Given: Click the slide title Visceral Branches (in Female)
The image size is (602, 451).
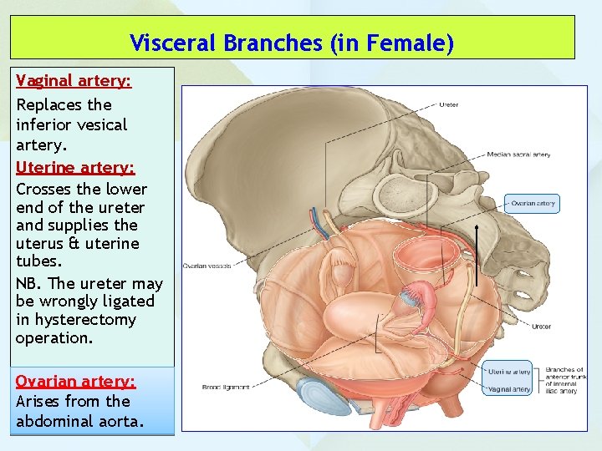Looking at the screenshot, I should click(x=292, y=43).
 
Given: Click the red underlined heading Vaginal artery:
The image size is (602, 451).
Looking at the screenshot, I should click(x=74, y=83).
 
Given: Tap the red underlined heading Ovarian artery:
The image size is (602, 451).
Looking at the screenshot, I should click(x=75, y=381).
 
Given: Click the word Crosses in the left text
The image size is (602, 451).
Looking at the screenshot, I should click(x=43, y=189).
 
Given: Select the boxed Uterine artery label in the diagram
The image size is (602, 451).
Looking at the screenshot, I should click(x=509, y=372).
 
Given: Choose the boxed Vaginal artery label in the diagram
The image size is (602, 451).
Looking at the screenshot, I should click(x=509, y=388).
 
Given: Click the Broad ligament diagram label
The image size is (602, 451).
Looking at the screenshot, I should click(x=225, y=387).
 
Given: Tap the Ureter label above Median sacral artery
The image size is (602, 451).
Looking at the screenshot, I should click(x=448, y=105).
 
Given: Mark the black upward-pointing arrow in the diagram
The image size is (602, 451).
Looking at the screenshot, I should click(x=477, y=255).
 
